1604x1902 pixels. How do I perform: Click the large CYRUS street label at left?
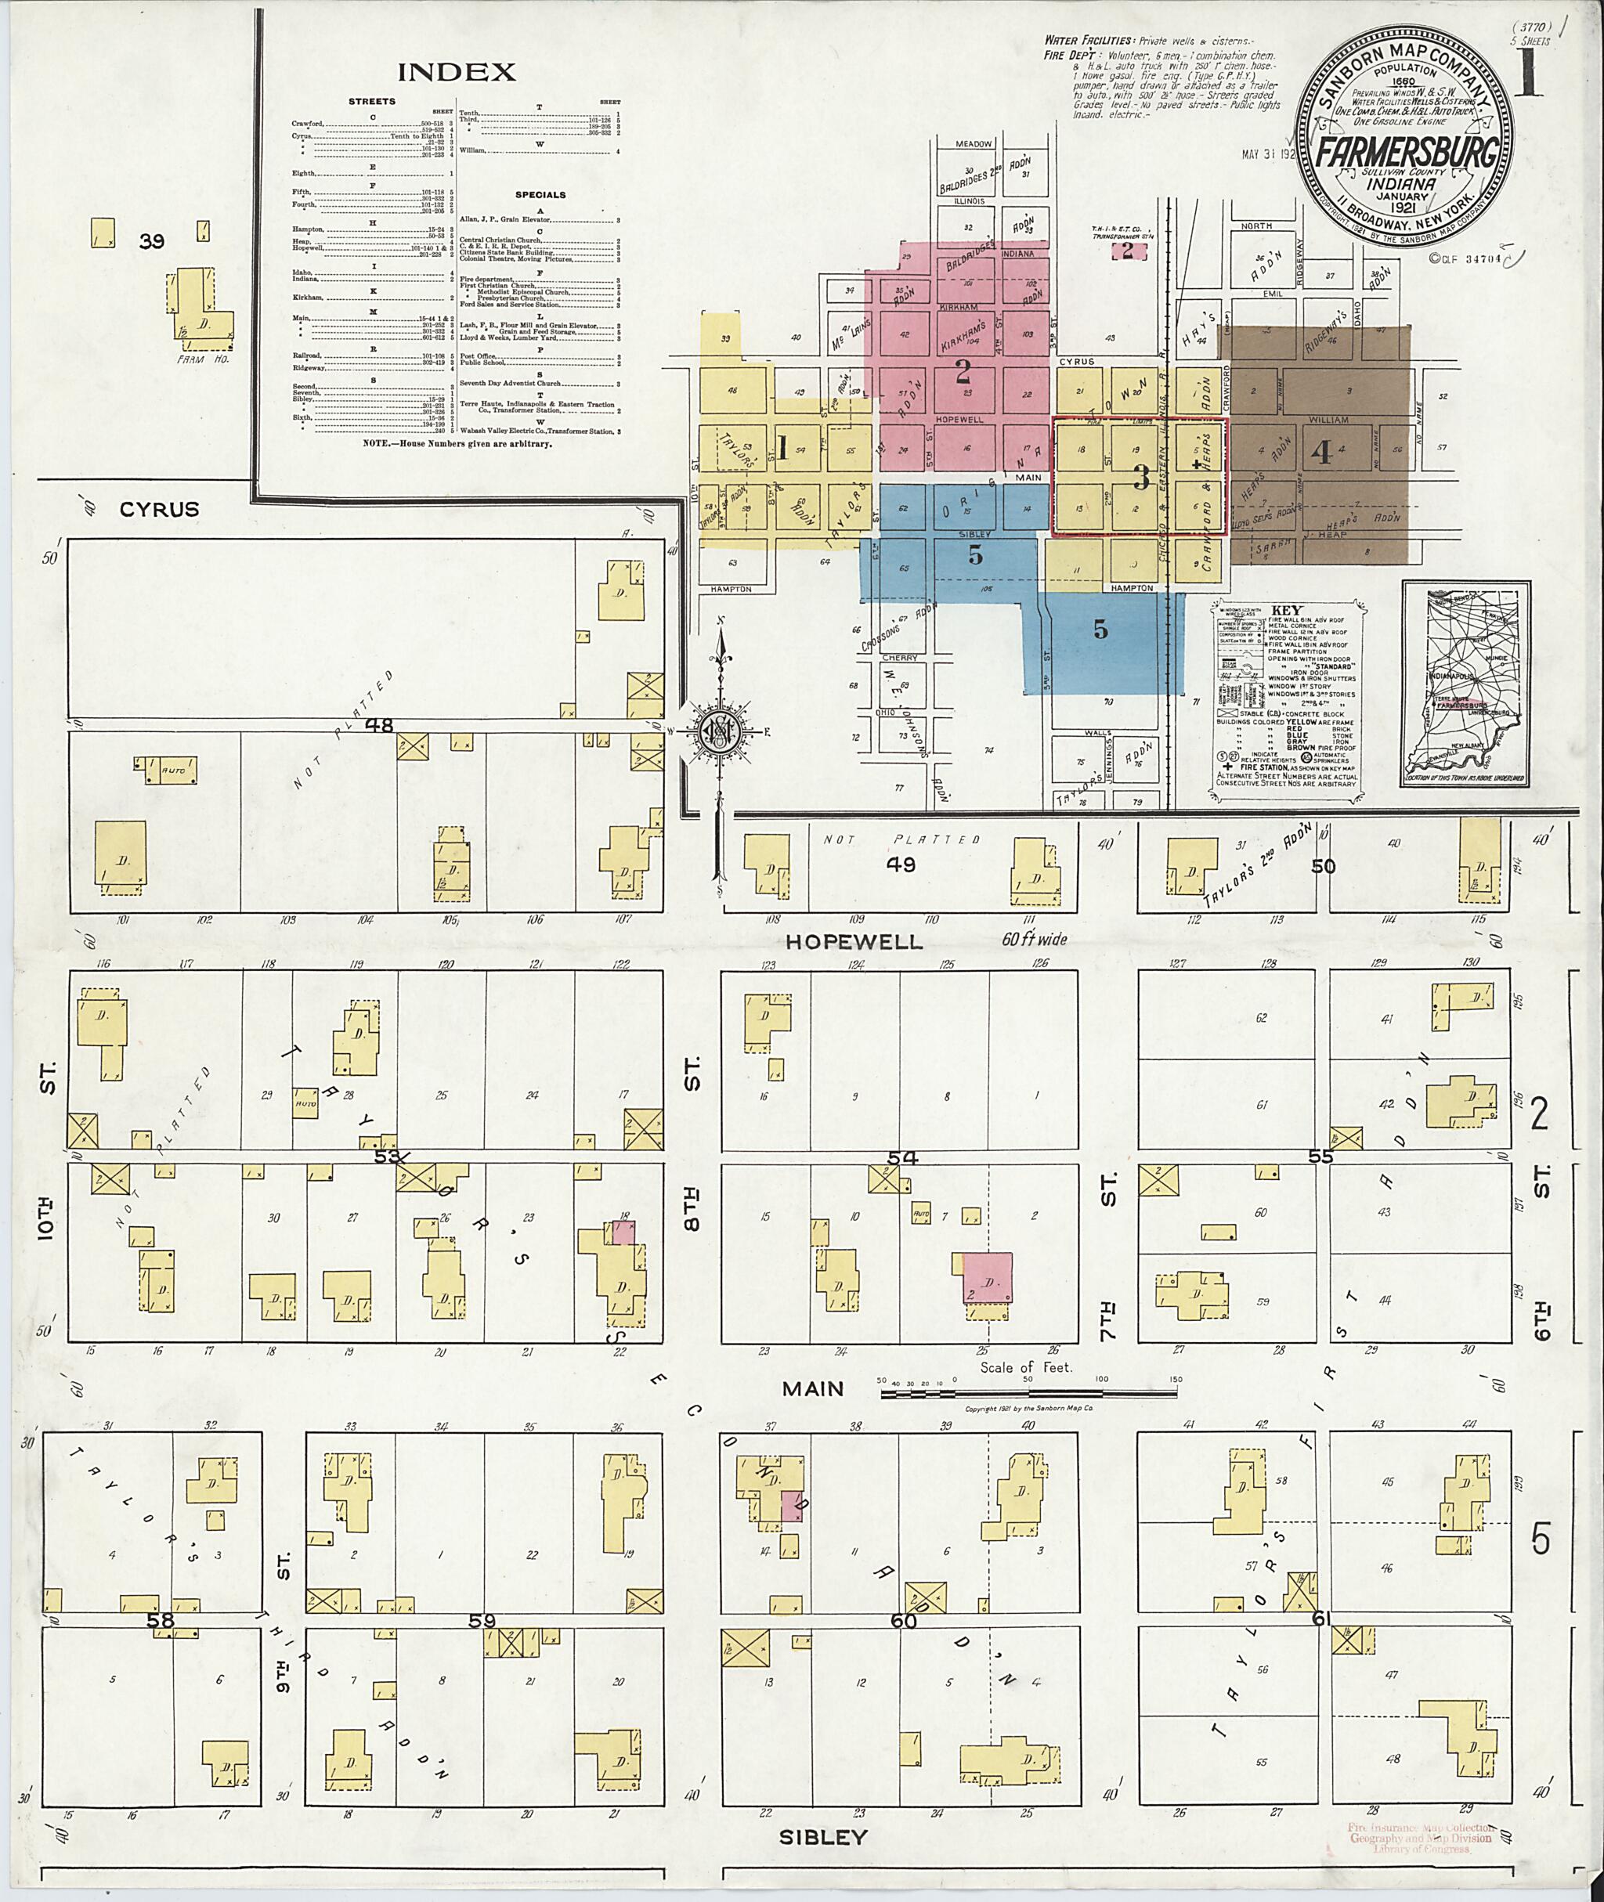coord(159,509)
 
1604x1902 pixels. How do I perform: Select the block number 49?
coord(902,864)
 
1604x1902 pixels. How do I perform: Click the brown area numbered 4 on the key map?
coord(1321,452)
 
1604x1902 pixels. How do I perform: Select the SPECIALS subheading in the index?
coord(540,194)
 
